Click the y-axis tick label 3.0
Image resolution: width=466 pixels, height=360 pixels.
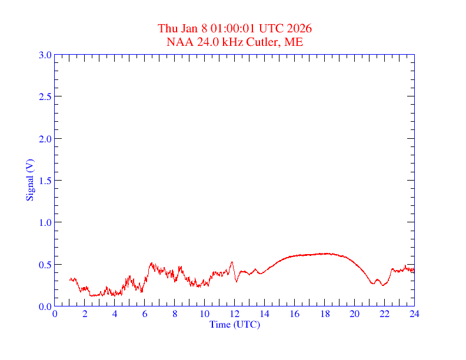(x=45, y=55)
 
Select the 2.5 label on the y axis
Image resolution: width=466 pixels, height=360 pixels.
(x=45, y=96)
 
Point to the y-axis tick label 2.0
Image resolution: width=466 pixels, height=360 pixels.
(x=45, y=139)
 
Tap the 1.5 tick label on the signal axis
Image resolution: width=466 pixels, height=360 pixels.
(x=45, y=181)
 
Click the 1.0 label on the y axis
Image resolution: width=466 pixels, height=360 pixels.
(x=45, y=222)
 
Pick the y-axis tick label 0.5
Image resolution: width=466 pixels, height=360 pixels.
(x=45, y=265)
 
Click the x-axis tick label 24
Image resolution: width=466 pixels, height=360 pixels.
(x=414, y=314)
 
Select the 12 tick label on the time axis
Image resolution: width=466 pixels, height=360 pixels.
(x=235, y=314)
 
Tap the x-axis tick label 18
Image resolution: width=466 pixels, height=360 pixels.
(x=325, y=314)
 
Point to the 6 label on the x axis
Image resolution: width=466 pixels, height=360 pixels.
(x=145, y=314)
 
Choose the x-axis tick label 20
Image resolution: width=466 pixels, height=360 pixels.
(x=354, y=314)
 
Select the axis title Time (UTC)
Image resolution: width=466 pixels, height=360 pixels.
(x=235, y=324)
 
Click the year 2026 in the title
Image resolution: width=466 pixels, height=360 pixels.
(x=299, y=28)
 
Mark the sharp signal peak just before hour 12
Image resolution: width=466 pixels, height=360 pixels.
(x=232, y=262)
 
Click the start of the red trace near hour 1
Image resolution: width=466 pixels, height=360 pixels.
(x=70, y=279)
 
